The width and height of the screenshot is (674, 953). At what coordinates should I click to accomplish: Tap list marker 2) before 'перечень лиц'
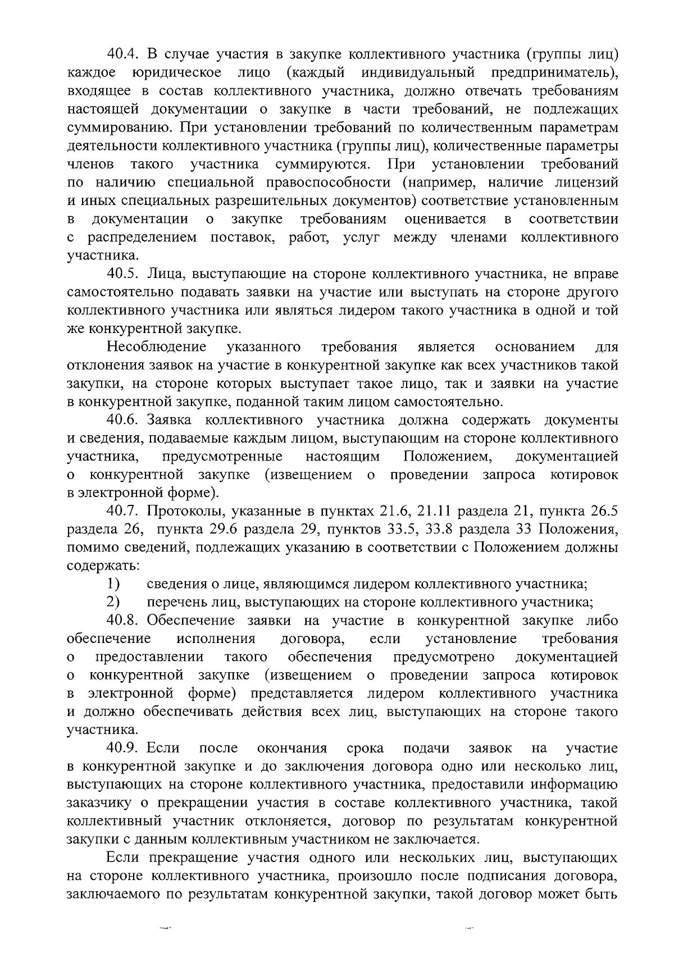[x=113, y=603]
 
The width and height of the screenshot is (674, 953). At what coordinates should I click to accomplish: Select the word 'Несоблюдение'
[x=157, y=347]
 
